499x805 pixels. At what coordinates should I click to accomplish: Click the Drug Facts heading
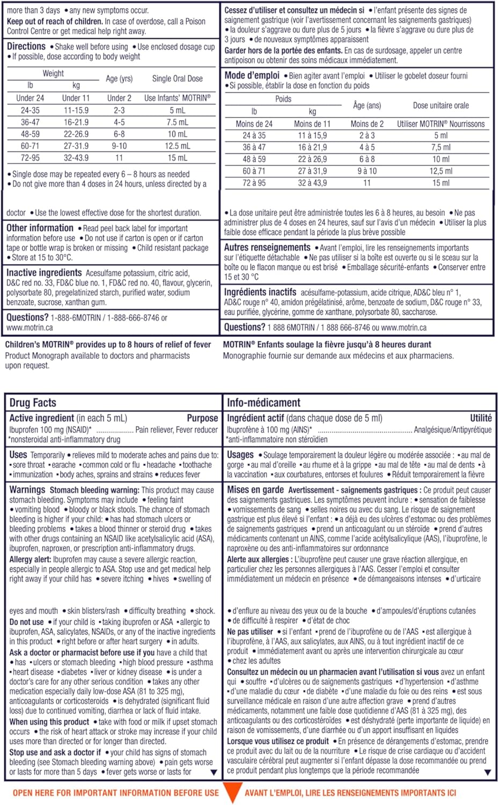[x=33, y=402]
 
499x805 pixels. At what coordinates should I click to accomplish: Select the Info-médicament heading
[x=263, y=402]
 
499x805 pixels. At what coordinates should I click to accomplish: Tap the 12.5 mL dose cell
[x=177, y=146]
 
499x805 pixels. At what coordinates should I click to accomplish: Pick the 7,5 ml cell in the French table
[x=441, y=147]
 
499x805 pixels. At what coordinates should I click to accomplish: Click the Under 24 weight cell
[x=30, y=98]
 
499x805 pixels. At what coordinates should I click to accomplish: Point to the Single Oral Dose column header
[x=177, y=78]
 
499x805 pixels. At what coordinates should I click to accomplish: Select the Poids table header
[x=283, y=99]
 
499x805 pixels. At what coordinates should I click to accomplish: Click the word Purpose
[x=202, y=418]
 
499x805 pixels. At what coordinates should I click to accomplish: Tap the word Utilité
[x=480, y=418]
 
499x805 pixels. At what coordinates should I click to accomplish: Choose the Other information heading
[x=40, y=228]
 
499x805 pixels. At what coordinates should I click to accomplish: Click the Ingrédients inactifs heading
[x=260, y=292]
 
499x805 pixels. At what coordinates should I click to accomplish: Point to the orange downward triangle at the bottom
[x=231, y=792]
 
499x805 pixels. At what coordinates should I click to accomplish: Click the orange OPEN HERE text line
[x=116, y=793]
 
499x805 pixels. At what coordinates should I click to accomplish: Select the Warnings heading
[x=27, y=489]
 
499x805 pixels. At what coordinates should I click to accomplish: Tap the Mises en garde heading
[x=255, y=489]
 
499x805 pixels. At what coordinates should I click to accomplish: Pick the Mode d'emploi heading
[x=252, y=76]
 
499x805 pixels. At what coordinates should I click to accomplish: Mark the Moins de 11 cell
[x=312, y=124]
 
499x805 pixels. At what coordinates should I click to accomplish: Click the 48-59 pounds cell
[x=30, y=134]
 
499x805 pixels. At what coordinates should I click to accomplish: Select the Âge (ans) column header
[x=367, y=106]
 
